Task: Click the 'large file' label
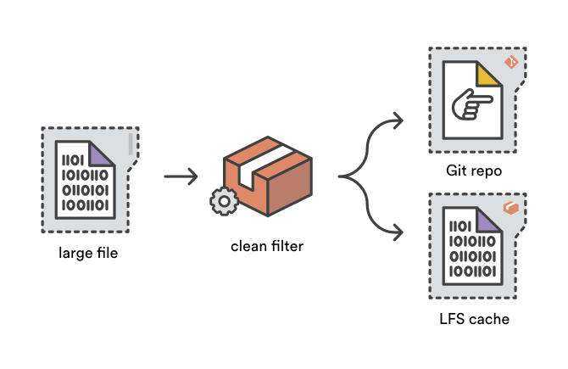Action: (x=88, y=252)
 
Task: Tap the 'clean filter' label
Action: (x=267, y=247)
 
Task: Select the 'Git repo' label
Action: (x=474, y=171)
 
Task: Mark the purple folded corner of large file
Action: (x=100, y=152)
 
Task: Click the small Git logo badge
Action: (x=511, y=61)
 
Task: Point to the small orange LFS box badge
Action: (x=510, y=208)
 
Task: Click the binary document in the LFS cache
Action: (x=471, y=249)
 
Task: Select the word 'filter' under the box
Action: (x=287, y=247)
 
